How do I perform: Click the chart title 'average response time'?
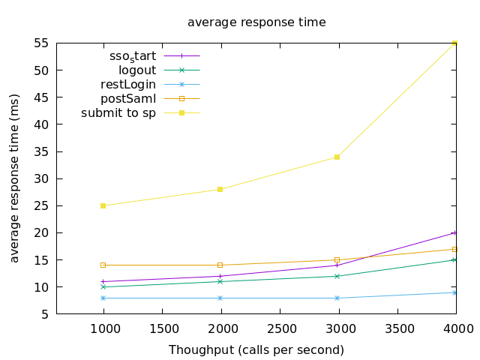(256, 22)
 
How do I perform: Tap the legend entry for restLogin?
(128, 84)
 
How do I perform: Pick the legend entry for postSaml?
(128, 98)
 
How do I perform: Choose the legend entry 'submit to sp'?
(118, 113)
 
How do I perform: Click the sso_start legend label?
(132, 55)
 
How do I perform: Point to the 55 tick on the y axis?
(41, 43)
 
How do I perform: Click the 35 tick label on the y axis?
(41, 152)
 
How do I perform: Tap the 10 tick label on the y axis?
(41, 287)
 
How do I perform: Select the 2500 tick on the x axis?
(280, 328)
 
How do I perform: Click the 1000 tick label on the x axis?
(103, 328)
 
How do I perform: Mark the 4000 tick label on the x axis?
(456, 328)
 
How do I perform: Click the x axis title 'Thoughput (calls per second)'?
(256, 350)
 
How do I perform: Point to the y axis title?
(15, 178)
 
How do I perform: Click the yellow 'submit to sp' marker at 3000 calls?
(337, 157)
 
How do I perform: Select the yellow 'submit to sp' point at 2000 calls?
(220, 189)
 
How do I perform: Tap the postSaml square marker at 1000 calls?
(103, 265)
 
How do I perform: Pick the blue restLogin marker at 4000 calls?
(454, 292)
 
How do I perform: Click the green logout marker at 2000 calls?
(220, 281)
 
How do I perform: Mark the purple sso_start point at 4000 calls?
(454, 232)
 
